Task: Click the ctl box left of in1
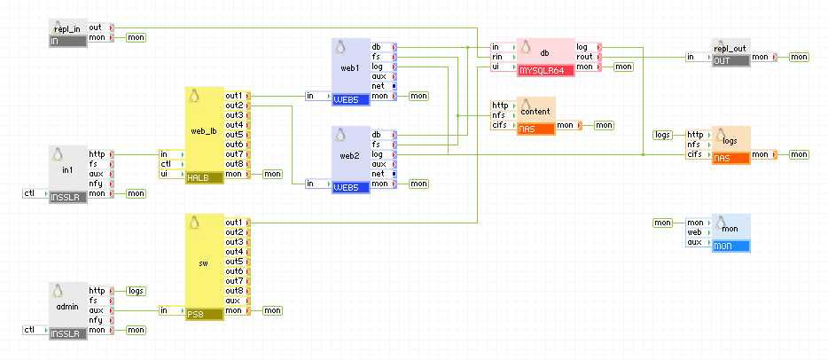point(30,193)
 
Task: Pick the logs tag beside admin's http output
point(137,291)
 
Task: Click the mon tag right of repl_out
point(800,57)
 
